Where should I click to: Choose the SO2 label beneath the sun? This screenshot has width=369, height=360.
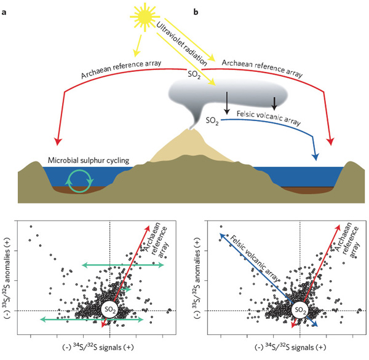click(x=195, y=75)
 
